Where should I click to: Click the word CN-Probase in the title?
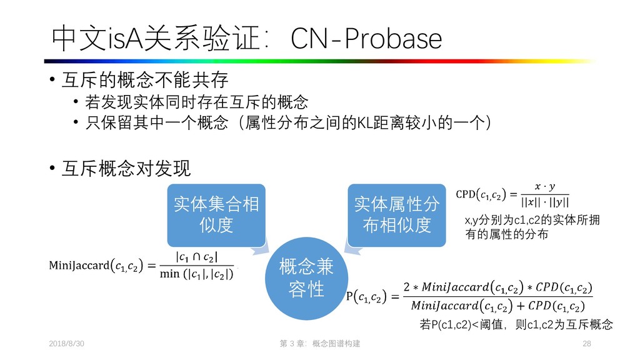(367, 40)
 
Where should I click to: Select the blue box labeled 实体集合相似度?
(216, 214)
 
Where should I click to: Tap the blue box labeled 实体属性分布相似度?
(397, 214)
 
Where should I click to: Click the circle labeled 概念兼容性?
(306, 278)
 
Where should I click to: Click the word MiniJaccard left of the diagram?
(78, 266)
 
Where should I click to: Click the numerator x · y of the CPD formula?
(540, 187)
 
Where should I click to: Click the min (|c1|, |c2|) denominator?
(196, 273)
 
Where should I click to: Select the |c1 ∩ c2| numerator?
(196, 257)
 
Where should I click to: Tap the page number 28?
(586, 344)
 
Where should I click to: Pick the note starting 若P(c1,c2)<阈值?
(516, 324)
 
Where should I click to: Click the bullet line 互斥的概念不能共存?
(144, 81)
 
